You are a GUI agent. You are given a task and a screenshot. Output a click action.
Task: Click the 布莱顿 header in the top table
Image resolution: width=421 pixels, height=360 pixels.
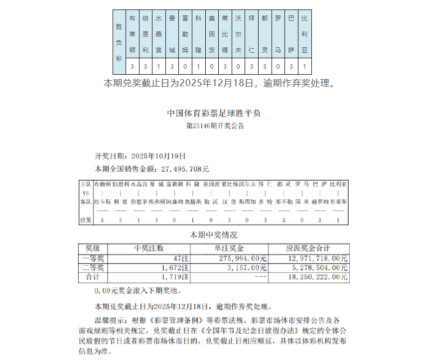click(132, 34)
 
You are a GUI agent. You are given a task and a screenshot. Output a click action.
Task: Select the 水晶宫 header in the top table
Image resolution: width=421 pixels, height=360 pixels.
click(158, 34)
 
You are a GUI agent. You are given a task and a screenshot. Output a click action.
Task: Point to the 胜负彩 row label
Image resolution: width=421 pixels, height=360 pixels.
click(119, 42)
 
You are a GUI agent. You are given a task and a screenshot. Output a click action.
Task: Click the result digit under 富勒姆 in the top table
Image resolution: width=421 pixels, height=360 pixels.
click(185, 66)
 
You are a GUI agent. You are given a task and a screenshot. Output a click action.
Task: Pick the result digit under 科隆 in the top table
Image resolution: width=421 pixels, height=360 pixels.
click(198, 66)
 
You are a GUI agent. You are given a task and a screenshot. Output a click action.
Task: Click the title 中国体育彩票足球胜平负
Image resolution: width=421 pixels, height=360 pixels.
click(214, 114)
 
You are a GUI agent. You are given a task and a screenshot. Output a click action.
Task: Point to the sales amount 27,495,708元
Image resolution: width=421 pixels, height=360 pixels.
click(181, 169)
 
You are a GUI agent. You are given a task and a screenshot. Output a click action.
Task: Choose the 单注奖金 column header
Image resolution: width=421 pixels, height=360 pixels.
click(230, 248)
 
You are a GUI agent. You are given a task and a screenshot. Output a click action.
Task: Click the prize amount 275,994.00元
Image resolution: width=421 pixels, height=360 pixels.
click(243, 258)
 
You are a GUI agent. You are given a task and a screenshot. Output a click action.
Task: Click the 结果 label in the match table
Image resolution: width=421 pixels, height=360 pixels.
click(86, 220)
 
